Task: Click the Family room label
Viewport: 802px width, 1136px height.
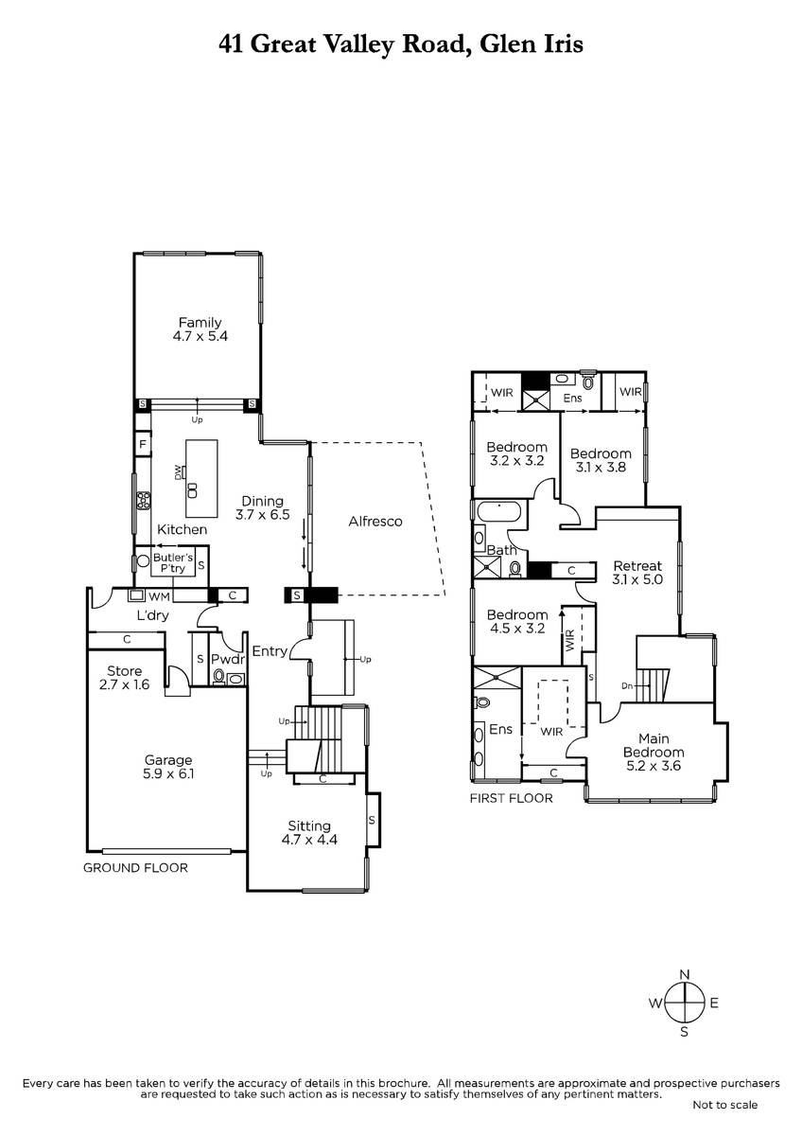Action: (x=200, y=323)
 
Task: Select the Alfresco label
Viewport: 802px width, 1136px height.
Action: (x=375, y=522)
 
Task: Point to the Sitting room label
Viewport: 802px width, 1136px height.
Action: (x=309, y=826)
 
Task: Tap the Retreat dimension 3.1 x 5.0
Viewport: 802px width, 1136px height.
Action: (x=637, y=579)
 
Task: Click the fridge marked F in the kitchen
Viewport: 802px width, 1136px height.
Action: (x=143, y=445)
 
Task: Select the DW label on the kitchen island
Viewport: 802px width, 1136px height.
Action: (x=178, y=472)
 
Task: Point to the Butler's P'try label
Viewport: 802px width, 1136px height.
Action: (x=173, y=563)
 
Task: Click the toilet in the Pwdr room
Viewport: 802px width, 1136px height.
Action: (x=219, y=676)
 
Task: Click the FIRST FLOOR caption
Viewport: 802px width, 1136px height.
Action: (x=512, y=798)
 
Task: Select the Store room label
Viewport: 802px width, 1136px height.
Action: (x=124, y=671)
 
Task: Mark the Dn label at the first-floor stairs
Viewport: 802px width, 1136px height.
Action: (x=627, y=686)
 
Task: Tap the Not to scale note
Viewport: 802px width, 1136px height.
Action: (x=725, y=1105)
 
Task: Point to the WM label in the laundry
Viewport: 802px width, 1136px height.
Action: (x=159, y=596)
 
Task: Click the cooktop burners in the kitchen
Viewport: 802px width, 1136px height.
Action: (x=144, y=501)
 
